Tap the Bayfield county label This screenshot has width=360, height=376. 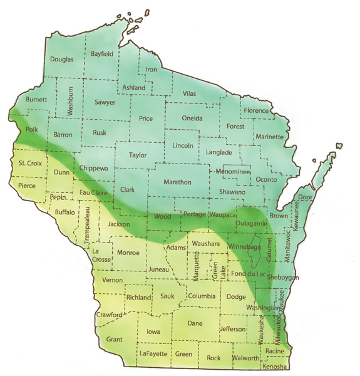[102, 54]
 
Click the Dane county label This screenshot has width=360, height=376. [195, 323]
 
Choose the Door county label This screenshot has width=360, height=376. [306, 197]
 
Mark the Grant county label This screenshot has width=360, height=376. [114, 339]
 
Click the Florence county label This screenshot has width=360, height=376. [256, 110]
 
